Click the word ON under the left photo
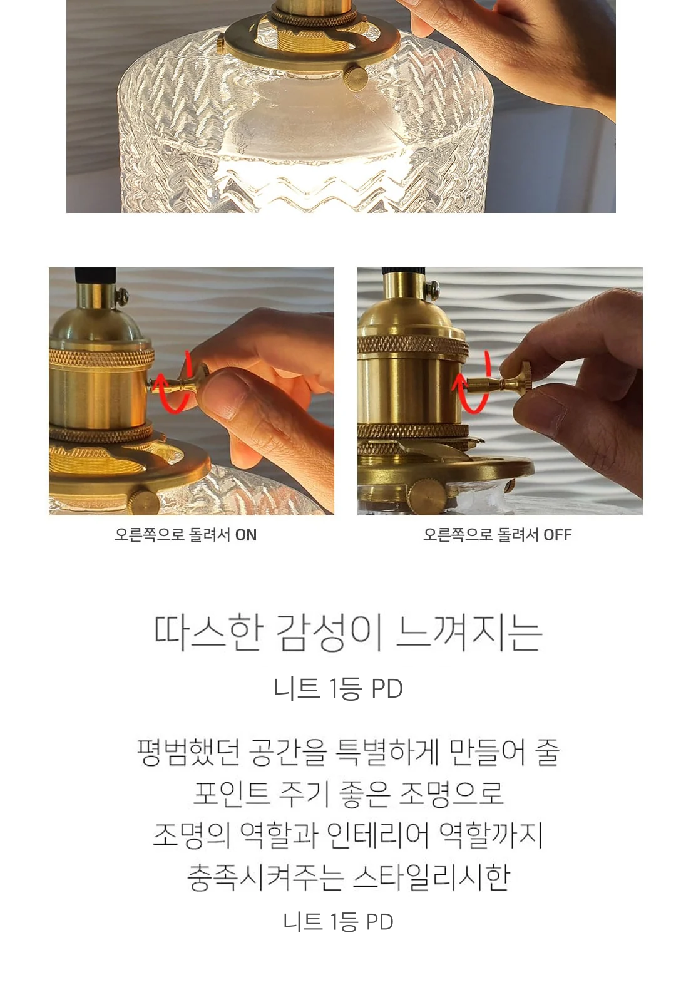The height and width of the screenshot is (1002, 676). pyautogui.click(x=245, y=535)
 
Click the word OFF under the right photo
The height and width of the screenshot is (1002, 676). pyautogui.click(x=558, y=535)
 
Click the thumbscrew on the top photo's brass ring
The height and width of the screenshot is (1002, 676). pyautogui.click(x=357, y=77)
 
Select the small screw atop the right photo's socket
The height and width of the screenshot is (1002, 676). pyautogui.click(x=433, y=289)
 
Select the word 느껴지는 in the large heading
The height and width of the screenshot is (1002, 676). pyautogui.click(x=469, y=633)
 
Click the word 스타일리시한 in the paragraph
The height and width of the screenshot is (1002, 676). pyautogui.click(x=431, y=877)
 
